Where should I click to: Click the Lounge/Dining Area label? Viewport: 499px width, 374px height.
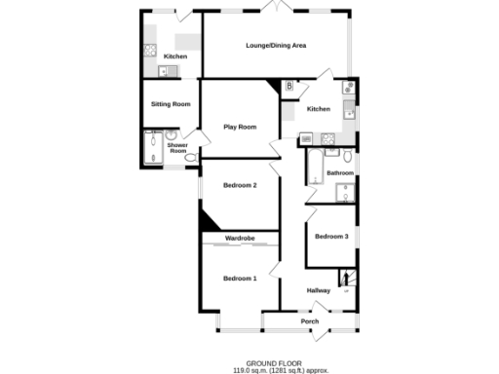[x=275, y=46]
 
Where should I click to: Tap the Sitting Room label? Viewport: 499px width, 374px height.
[x=170, y=103]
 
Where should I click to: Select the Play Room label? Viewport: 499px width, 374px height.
[x=240, y=127]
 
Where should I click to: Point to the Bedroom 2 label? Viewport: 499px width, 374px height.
[x=240, y=185]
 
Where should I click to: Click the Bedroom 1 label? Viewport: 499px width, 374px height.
[x=240, y=279]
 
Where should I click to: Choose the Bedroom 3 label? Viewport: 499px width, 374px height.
[x=331, y=237]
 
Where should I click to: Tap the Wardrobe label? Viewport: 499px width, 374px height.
[x=240, y=238]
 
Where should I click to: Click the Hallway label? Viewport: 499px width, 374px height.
[x=319, y=290]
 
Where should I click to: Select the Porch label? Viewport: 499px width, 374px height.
[x=310, y=321]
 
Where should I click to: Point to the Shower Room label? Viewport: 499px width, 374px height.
[x=177, y=148]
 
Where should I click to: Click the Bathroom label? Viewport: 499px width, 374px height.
[x=340, y=173]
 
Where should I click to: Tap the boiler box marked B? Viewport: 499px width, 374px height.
[x=288, y=88]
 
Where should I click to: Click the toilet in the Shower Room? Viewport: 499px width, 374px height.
[x=190, y=156]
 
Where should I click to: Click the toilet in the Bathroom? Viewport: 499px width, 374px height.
[x=348, y=155]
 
